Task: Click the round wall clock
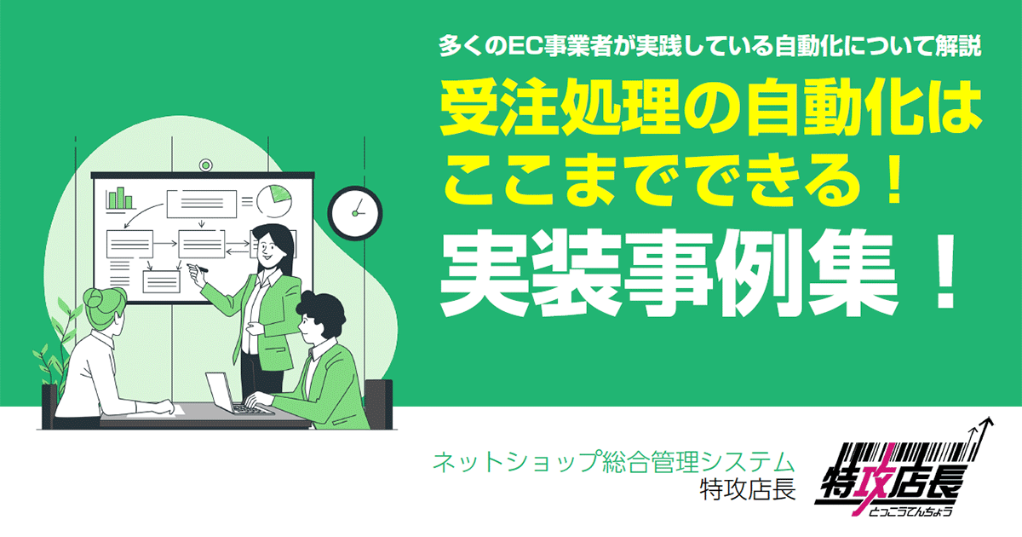(353, 211)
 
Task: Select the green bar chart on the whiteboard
(121, 199)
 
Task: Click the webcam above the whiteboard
(205, 165)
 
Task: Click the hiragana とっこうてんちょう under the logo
(909, 511)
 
